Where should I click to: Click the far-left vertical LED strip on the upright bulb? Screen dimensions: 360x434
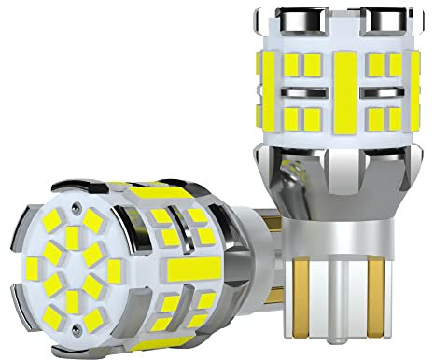pyautogui.click(x=267, y=89)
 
